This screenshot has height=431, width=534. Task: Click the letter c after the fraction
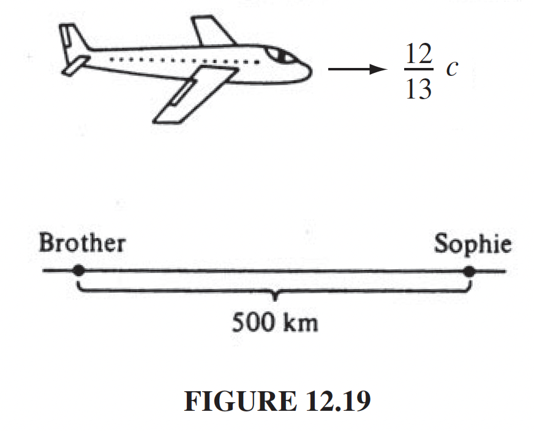452,69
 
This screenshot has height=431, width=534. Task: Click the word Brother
82,243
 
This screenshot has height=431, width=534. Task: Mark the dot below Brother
78,271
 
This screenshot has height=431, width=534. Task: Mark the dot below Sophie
469,271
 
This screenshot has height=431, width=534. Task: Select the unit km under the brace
298,322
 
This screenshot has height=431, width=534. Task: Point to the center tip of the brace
274,299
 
